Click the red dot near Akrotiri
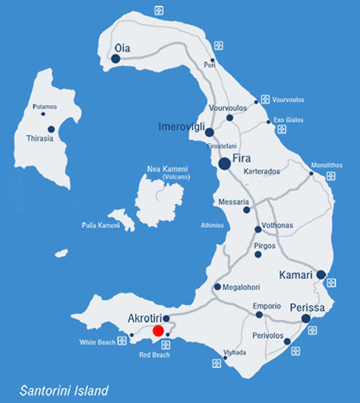[158, 331]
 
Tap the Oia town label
[122, 48]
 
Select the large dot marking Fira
[225, 163]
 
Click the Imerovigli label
[182, 125]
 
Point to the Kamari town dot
[321, 274]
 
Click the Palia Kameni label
[101, 226]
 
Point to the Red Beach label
[155, 354]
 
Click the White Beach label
[98, 342]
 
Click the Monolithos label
[327, 165]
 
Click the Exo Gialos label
[289, 119]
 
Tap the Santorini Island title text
[65, 390]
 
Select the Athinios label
[212, 225]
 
